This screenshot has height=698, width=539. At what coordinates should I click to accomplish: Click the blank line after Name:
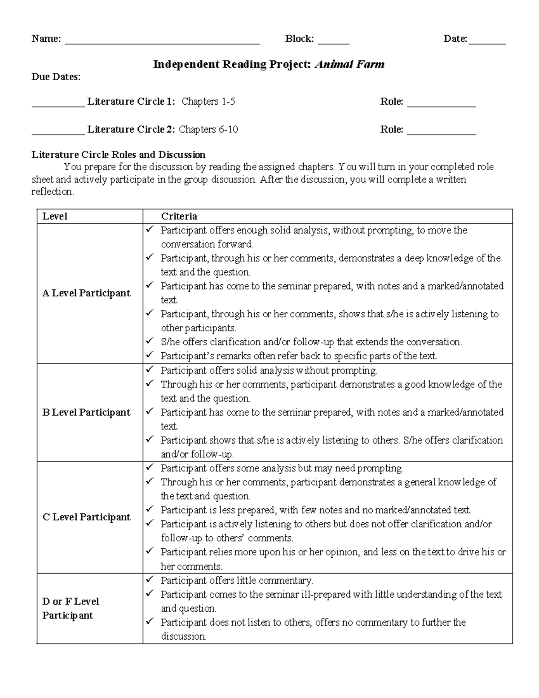pos(162,43)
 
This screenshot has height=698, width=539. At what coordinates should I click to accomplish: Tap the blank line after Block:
pos(333,43)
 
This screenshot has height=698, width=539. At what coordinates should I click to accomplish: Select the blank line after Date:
pos(487,43)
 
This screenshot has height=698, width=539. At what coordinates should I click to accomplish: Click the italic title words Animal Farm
pos(349,65)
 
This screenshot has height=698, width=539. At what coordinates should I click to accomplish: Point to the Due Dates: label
pos(56,77)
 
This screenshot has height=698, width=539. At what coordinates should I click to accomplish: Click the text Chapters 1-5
pos(208,102)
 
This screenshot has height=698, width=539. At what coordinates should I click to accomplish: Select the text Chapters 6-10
pos(208,129)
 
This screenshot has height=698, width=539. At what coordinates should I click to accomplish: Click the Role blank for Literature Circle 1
pos(441,106)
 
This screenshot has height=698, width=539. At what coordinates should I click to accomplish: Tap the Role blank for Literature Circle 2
pos(441,133)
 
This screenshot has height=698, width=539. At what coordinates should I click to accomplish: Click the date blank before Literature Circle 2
pos(57,133)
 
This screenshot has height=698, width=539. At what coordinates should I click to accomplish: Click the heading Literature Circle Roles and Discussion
pos(118,155)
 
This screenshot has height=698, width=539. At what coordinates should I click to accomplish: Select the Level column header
pos(55,216)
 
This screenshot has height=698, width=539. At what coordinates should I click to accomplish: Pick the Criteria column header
pos(179,216)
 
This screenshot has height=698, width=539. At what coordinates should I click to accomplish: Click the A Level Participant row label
pos(86,293)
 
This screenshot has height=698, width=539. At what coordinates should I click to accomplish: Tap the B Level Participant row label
pos(86,412)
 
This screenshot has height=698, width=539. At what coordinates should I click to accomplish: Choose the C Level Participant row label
pos(86,517)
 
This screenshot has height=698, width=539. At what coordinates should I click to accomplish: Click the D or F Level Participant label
pos(70,608)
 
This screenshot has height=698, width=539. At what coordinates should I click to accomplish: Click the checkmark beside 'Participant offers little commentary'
pos(150,579)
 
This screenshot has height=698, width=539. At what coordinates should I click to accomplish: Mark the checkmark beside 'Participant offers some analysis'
pos(150,467)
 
